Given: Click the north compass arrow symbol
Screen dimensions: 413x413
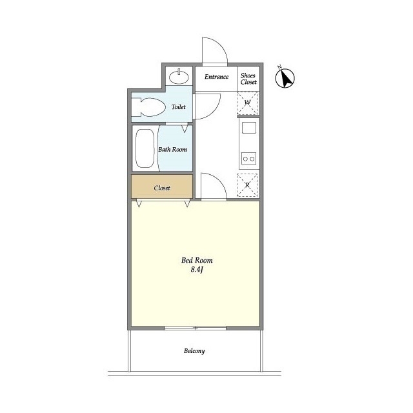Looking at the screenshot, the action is click(x=285, y=78).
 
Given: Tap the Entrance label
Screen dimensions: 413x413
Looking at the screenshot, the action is click(x=217, y=77).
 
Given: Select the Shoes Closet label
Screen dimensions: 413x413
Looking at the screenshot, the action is click(x=248, y=79).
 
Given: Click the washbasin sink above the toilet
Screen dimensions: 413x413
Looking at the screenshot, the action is click(x=179, y=77).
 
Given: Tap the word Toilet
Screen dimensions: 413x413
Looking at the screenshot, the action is click(x=179, y=107).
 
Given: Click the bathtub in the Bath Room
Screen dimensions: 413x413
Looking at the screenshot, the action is click(x=145, y=148).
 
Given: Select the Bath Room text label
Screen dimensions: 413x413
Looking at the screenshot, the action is click(x=172, y=150).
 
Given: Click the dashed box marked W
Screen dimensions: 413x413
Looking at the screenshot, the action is click(x=247, y=103).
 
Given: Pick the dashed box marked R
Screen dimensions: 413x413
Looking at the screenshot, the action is click(x=247, y=185).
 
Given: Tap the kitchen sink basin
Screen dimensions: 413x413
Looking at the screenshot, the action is click(x=249, y=128).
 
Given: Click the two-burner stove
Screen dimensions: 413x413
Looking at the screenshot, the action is click(x=249, y=159).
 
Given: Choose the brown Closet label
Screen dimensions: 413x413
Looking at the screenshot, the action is click(x=162, y=188).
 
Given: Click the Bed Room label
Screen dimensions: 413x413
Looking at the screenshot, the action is click(x=197, y=261).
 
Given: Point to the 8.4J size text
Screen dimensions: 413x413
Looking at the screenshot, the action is click(x=197, y=270).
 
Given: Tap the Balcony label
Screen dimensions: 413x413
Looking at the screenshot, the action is click(x=194, y=351).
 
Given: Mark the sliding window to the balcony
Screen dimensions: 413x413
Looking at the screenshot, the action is click(x=196, y=328).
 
